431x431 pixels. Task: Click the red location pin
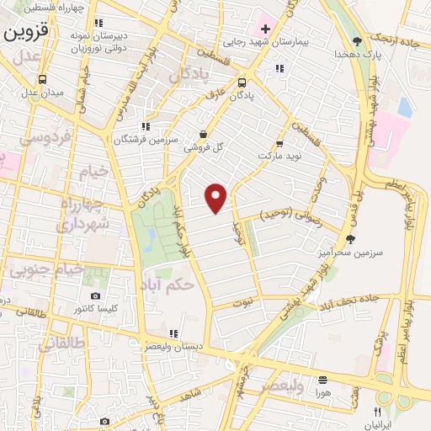[217, 197]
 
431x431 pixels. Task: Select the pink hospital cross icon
[265, 29]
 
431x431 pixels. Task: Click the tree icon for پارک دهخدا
[357, 41]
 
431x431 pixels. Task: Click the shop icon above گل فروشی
[203, 134]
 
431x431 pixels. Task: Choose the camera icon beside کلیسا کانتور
[95, 296]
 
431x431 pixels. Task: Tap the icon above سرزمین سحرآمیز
[350, 239]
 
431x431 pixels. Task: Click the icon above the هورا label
[323, 380]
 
